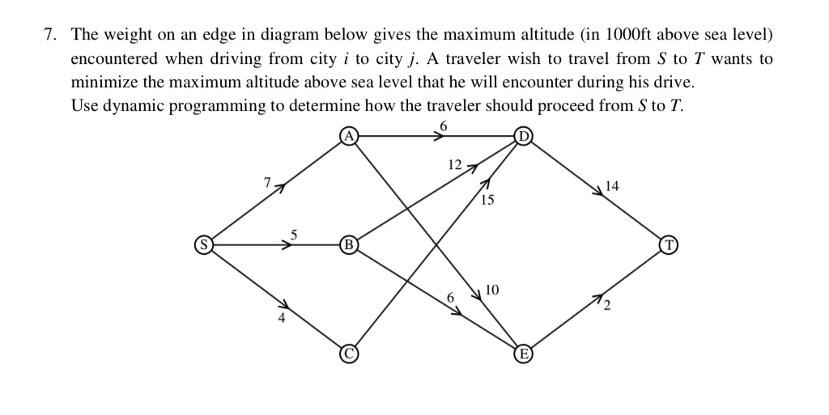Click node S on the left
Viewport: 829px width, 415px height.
206,243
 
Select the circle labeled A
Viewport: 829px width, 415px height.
349,136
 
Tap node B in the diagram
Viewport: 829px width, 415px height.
349,243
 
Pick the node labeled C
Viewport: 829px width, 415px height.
349,352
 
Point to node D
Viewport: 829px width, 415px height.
524,136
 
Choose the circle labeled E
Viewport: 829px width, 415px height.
524,352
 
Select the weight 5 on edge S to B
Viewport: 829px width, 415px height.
295,235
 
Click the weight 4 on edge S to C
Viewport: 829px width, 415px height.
282,318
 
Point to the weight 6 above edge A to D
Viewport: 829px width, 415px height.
443,125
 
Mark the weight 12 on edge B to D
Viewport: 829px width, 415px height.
454,165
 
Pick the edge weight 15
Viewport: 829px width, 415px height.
487,200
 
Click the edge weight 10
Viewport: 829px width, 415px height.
492,289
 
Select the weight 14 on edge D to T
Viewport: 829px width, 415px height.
611,186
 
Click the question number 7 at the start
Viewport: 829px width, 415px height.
49,36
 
